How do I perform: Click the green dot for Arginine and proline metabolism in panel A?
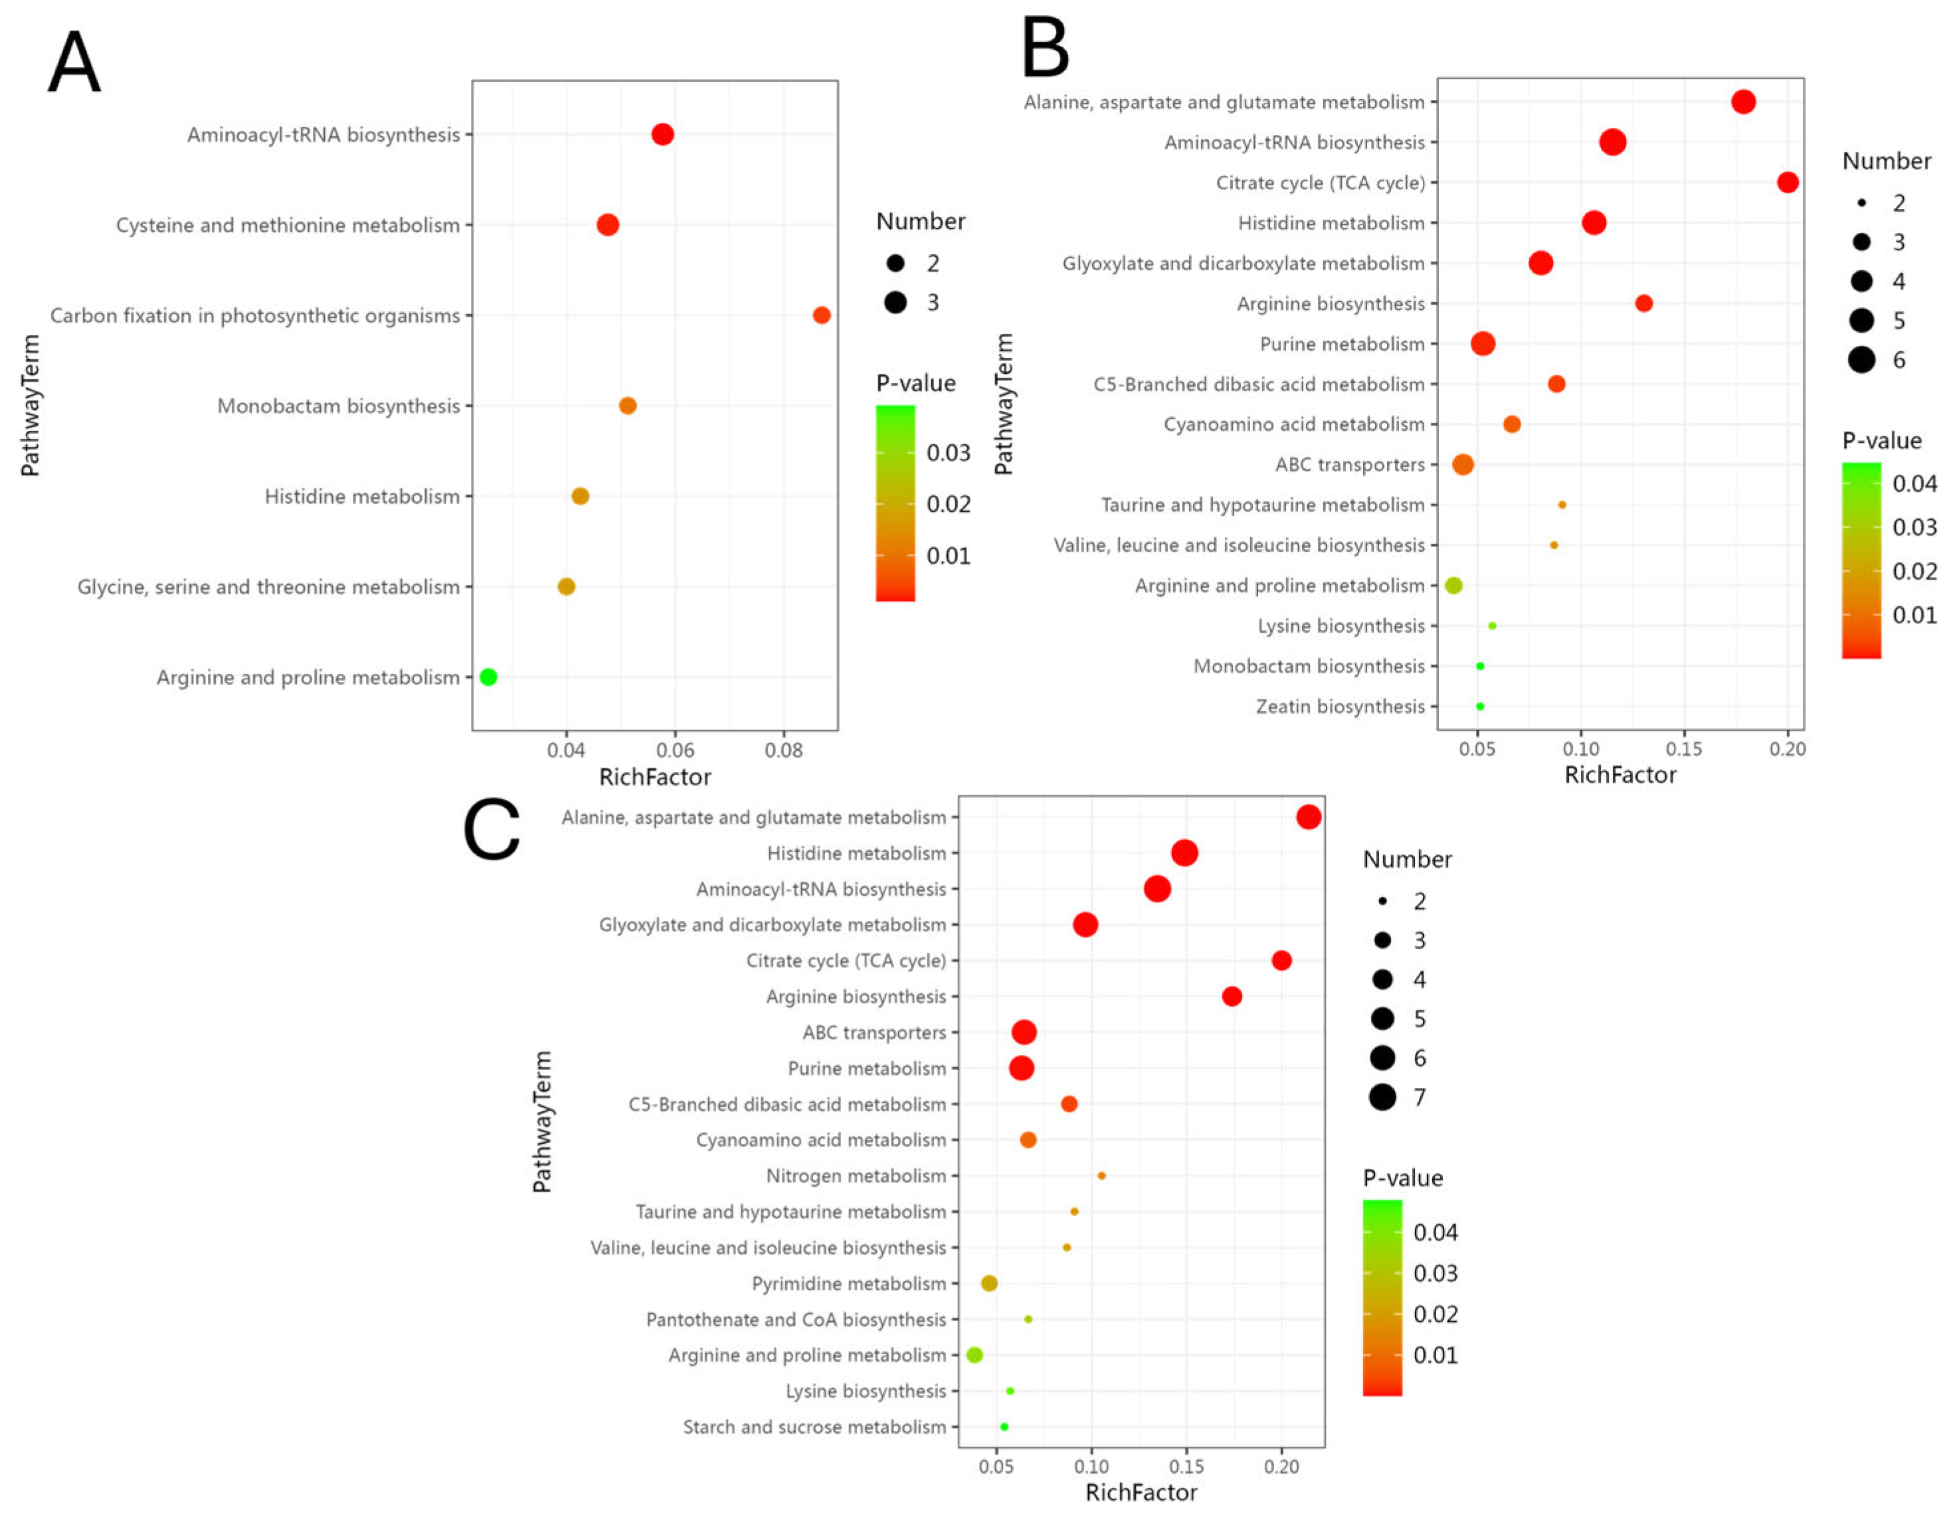pyautogui.click(x=488, y=677)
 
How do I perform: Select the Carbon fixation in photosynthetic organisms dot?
pyautogui.click(x=821, y=315)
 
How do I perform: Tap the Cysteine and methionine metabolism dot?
pyautogui.click(x=607, y=224)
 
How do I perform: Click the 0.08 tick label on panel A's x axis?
pyautogui.click(x=784, y=750)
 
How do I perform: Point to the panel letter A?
pyautogui.click(x=74, y=62)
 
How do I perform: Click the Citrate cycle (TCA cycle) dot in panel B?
pyautogui.click(x=1788, y=182)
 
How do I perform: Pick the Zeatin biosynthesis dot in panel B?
pyautogui.click(x=1480, y=706)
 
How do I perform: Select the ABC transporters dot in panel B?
pyautogui.click(x=1463, y=463)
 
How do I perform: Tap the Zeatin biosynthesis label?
pyautogui.click(x=1340, y=706)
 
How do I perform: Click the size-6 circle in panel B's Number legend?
pyautogui.click(x=1861, y=359)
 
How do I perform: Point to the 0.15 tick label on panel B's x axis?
pyautogui.click(x=1684, y=749)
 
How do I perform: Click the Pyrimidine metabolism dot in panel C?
pyautogui.click(x=988, y=1283)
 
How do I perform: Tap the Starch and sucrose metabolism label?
pyautogui.click(x=814, y=1427)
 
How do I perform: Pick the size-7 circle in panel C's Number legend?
pyautogui.click(x=1382, y=1097)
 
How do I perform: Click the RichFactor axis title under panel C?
pyautogui.click(x=1141, y=1492)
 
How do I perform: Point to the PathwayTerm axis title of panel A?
pyautogui.click(x=31, y=406)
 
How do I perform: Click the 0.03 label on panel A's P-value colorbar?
pyautogui.click(x=948, y=453)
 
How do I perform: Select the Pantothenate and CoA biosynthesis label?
pyautogui.click(x=795, y=1319)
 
